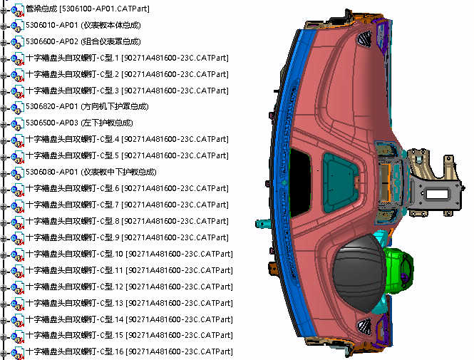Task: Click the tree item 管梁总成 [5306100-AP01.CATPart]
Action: point(88,9)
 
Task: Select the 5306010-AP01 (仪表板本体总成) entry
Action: point(83,25)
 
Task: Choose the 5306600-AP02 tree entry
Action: point(83,41)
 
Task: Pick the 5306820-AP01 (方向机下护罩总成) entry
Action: point(87,107)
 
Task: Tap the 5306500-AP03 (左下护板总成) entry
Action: point(79,123)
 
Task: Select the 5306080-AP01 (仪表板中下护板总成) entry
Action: point(91,172)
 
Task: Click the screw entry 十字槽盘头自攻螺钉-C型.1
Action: point(127,58)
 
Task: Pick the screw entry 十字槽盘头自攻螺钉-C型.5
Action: point(127,155)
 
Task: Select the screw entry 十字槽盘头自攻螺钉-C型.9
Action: point(127,237)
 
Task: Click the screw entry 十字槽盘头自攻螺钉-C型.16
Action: point(130,352)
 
